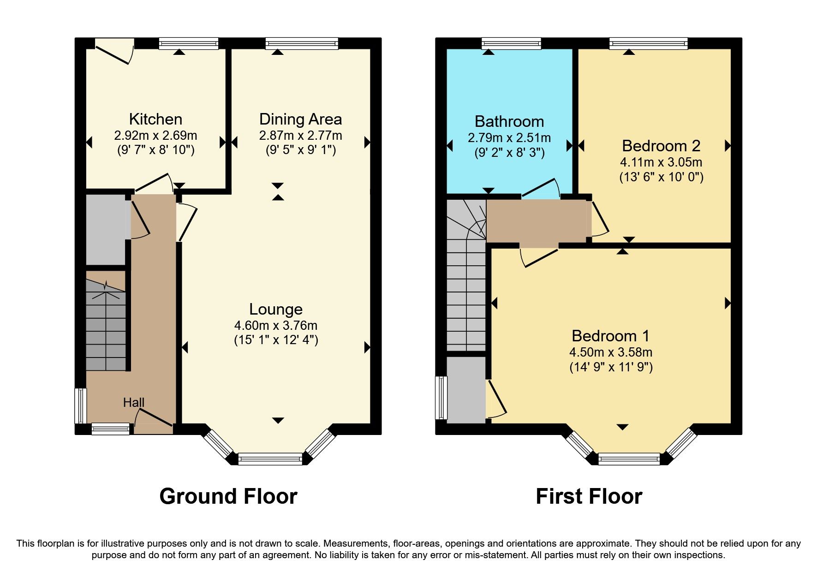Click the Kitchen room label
[x=155, y=119]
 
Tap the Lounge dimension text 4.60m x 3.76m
[x=276, y=326]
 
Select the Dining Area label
[x=300, y=119]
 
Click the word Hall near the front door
[x=134, y=403]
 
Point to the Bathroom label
[x=509, y=121]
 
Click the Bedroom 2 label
[x=661, y=146]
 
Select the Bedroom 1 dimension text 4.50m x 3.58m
[x=611, y=352]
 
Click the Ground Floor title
[x=228, y=496]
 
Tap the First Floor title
[x=589, y=496]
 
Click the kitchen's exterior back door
[x=114, y=53]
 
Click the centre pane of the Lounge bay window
[x=270, y=459]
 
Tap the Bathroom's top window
[x=511, y=44]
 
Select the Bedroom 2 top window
[x=648, y=44]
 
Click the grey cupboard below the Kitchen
[x=106, y=229]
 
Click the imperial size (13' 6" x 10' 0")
[x=661, y=177]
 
